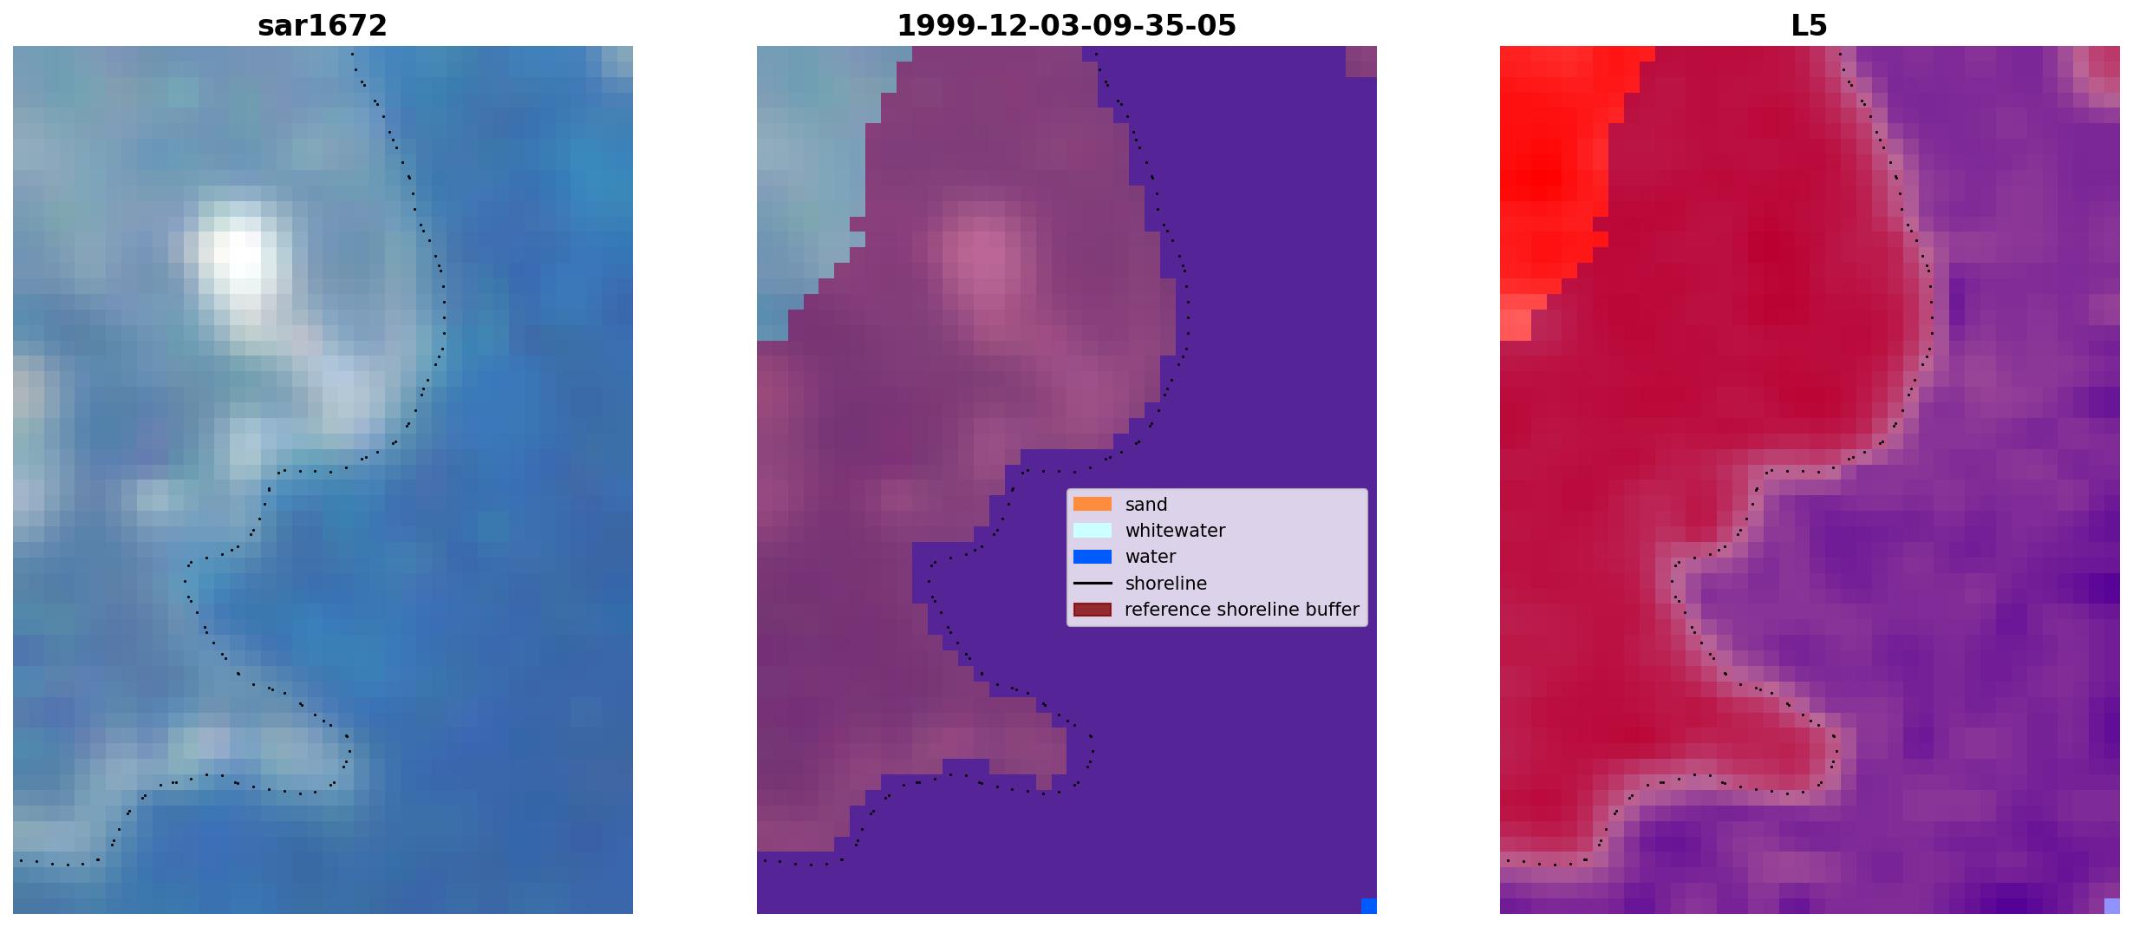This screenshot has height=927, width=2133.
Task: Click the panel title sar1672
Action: coord(323,26)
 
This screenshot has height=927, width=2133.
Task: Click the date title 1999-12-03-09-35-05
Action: coord(1066,26)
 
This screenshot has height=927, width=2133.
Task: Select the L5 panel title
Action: coord(1810,26)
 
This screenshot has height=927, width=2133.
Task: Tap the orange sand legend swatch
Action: coord(1093,504)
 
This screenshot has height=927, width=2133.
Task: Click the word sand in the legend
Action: coord(1146,505)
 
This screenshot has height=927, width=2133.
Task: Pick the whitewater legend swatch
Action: coord(1093,530)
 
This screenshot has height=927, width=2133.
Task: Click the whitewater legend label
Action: coord(1175,531)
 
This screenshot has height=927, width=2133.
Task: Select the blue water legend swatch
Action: coord(1093,557)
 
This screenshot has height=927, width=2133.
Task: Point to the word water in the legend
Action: coord(1151,557)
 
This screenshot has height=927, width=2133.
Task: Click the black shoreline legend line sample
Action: coord(1093,583)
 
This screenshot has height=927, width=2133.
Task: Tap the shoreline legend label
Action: coord(1166,584)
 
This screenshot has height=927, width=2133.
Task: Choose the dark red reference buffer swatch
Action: coord(1093,610)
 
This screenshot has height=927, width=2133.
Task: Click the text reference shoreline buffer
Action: coord(1242,610)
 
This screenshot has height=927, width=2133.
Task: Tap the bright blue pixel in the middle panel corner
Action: coord(1369,906)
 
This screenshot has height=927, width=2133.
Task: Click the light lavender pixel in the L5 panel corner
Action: coord(2112,906)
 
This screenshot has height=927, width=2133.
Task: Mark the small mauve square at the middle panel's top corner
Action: coord(1361,62)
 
